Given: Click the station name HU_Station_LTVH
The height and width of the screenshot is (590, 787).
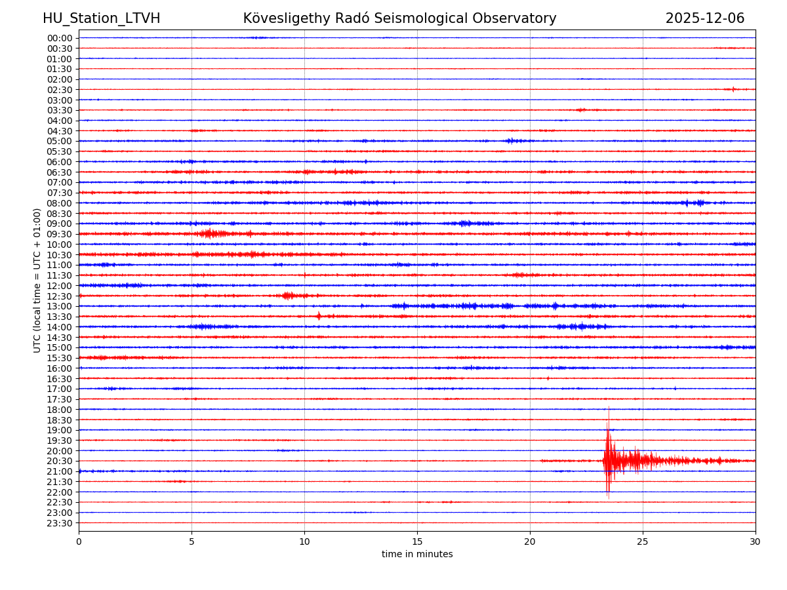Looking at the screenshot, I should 101,18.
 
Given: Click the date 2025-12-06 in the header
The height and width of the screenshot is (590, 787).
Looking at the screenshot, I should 705,18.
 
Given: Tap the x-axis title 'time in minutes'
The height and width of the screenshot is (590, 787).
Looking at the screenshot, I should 417,554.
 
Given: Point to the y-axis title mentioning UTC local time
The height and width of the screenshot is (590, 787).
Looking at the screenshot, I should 37,280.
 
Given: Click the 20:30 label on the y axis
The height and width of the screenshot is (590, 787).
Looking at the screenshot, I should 59,461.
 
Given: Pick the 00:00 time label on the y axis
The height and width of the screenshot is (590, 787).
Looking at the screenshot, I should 59,38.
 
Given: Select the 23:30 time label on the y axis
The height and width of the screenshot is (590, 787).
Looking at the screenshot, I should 59,523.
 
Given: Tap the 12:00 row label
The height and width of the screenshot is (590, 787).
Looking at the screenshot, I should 59,286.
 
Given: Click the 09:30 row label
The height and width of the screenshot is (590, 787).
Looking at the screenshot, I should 59,234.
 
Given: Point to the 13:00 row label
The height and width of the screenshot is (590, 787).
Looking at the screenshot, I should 59,306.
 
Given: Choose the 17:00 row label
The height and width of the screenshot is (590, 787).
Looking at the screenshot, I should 59,389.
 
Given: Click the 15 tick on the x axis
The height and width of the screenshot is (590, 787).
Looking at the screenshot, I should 417,541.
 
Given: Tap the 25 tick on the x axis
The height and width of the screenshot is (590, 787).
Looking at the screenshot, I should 643,541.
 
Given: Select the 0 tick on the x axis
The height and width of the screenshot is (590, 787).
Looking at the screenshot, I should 79,541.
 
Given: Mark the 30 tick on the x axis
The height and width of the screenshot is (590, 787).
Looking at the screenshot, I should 756,541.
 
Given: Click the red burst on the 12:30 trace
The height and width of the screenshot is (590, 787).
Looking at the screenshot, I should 287,296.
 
